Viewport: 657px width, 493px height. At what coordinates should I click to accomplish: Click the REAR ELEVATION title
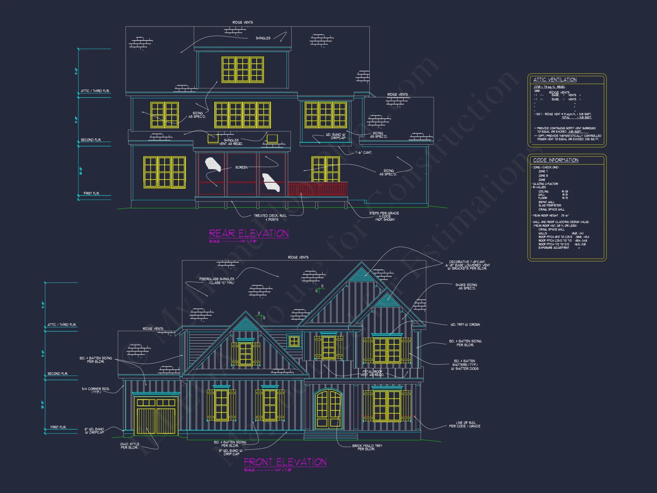249,233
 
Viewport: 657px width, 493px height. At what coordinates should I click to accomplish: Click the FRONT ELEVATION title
285,462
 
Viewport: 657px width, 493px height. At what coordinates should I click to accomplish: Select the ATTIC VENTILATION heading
555,80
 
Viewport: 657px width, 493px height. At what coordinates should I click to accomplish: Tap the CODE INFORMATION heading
555,160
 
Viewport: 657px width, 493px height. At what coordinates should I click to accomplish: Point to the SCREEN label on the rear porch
241,167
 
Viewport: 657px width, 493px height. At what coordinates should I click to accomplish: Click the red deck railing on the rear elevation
317,189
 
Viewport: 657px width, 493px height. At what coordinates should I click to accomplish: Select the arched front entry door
328,409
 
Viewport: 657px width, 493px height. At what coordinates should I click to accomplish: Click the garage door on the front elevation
156,415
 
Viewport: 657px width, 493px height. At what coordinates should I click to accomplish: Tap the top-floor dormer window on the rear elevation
242,69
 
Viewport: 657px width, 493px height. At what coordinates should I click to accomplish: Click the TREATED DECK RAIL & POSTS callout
270,218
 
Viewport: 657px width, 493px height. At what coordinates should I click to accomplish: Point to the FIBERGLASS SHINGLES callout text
217,281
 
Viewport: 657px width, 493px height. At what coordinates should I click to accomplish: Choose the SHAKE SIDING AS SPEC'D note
466,287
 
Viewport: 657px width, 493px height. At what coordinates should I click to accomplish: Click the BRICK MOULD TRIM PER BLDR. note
367,447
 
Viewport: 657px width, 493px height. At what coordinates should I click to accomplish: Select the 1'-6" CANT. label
364,153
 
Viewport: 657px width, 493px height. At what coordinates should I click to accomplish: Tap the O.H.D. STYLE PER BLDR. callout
129,446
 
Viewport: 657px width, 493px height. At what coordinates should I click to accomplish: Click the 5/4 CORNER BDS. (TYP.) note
96,390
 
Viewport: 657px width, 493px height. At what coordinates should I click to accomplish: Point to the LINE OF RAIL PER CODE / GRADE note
465,424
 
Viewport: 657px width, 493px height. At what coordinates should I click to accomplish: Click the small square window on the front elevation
294,341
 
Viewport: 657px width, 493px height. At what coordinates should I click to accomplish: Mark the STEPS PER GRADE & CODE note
384,216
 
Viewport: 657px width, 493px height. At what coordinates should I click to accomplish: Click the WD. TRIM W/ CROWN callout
465,324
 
